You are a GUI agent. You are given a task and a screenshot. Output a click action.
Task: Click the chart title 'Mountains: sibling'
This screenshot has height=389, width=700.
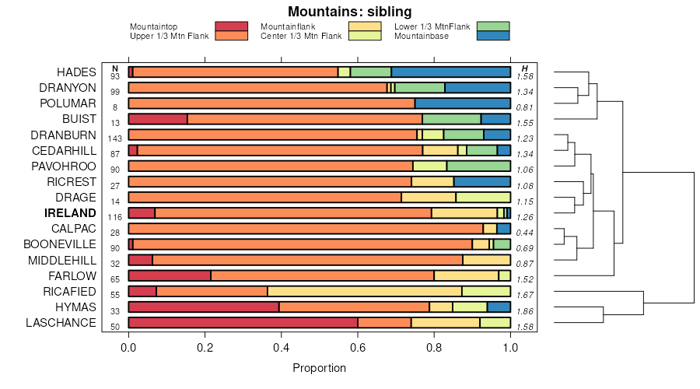350,12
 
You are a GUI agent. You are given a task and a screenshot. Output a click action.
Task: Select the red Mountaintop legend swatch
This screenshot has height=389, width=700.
232,26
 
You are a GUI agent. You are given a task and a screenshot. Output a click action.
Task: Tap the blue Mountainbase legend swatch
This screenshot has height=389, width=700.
493,36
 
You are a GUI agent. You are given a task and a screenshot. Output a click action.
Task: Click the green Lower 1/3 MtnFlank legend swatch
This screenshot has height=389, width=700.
493,26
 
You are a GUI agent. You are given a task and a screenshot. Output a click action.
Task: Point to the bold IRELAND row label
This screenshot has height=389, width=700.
70,213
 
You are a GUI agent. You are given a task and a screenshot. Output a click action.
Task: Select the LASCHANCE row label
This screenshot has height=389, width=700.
61,323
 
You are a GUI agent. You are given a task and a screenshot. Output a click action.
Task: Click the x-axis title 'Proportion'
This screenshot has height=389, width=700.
319,368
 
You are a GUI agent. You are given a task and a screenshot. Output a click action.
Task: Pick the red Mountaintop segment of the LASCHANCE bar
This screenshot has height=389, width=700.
243,323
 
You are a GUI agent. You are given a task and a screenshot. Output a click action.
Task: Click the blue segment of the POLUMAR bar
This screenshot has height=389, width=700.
463,103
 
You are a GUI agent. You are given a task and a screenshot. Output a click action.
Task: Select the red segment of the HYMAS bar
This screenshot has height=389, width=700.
204,307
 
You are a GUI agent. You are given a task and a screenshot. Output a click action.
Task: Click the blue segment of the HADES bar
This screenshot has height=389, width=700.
451,72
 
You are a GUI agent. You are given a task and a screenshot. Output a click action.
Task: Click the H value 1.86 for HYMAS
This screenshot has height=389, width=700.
525,310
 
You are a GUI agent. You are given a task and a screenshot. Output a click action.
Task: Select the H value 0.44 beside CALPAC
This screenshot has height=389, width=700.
525,232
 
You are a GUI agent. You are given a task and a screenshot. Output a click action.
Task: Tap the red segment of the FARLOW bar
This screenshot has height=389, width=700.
170,276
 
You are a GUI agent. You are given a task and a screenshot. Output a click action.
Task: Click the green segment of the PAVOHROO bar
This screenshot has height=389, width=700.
478,166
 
